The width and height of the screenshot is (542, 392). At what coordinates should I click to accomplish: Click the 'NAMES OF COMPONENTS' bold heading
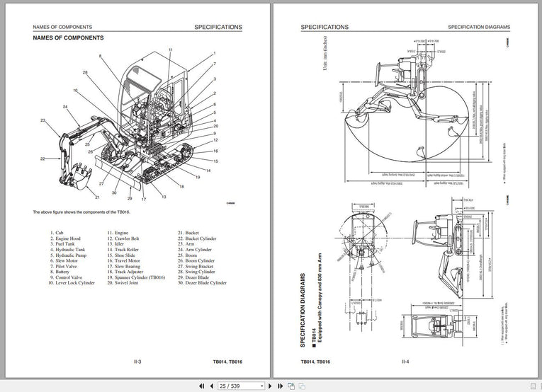(x=68, y=38)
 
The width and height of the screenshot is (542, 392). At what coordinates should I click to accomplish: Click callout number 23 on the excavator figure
(x=42, y=121)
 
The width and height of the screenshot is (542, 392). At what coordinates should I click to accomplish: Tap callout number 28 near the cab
(x=85, y=72)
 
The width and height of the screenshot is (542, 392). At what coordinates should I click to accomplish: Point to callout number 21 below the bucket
(x=97, y=197)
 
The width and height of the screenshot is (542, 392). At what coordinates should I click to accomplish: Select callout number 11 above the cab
(x=171, y=50)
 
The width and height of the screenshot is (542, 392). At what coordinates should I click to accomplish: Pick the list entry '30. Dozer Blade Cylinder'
(x=202, y=282)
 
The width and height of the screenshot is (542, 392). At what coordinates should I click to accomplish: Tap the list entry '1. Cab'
(x=57, y=233)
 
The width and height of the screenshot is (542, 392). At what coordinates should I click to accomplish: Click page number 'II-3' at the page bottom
(x=137, y=362)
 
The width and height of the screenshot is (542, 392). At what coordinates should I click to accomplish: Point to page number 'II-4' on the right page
(x=405, y=362)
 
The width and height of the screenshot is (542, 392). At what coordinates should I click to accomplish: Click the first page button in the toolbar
(x=201, y=386)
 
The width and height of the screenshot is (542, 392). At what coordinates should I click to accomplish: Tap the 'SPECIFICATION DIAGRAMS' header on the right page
(x=478, y=27)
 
